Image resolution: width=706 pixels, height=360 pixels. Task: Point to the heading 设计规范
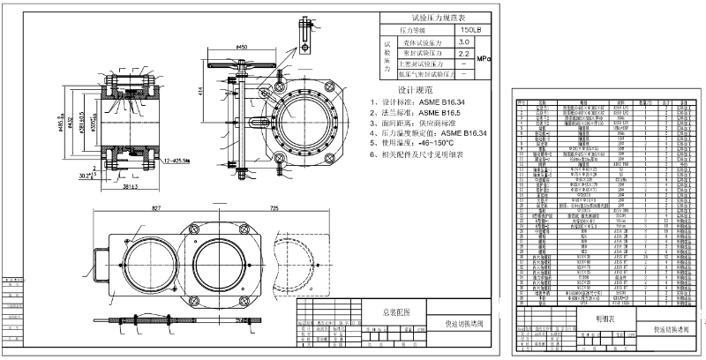coord(415,90)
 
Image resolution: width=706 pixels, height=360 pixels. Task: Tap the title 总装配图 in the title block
coord(395,312)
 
